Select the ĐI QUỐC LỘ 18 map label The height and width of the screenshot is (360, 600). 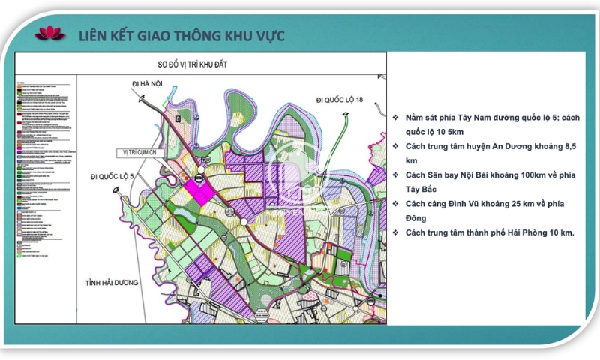pos(340,99)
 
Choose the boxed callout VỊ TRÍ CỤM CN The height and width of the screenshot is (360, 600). pos(143,152)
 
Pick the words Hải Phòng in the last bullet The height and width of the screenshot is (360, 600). pos(526,232)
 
